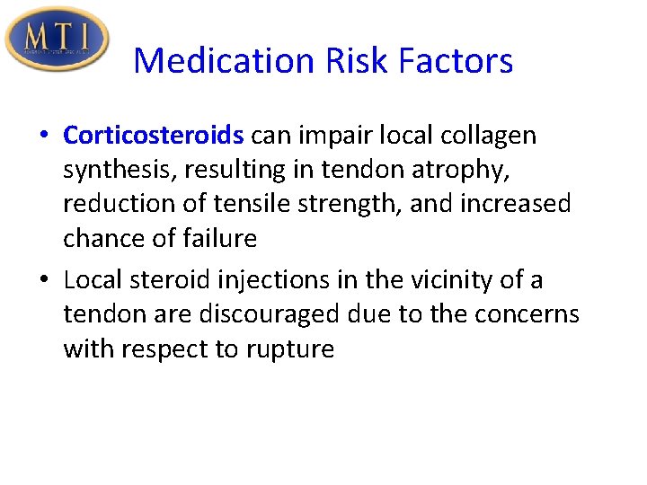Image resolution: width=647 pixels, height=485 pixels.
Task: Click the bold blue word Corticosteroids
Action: click(x=154, y=136)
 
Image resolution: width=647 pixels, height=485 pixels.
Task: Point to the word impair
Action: click(x=327, y=136)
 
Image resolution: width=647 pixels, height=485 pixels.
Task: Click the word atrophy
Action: click(x=468, y=170)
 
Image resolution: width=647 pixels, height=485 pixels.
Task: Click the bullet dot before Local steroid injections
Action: click(x=45, y=281)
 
